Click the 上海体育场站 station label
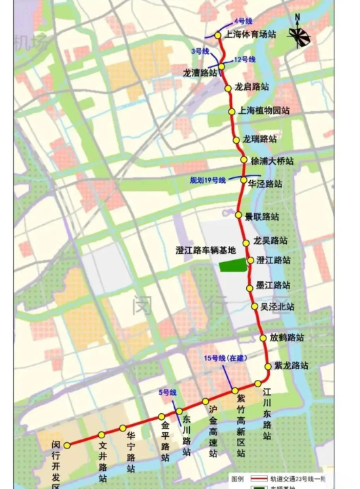coord(250,35)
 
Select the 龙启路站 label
coord(252,87)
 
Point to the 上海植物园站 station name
coord(264,110)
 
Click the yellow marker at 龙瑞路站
coord(237,140)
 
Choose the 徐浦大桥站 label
coord(272,161)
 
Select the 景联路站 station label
coord(262,217)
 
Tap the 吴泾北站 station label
coord(277,307)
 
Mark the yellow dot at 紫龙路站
coord(268,366)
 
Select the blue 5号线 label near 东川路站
coord(167,392)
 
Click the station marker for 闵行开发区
coord(67,445)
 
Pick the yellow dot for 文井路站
coord(101,435)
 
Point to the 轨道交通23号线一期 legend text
coord(295,478)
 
